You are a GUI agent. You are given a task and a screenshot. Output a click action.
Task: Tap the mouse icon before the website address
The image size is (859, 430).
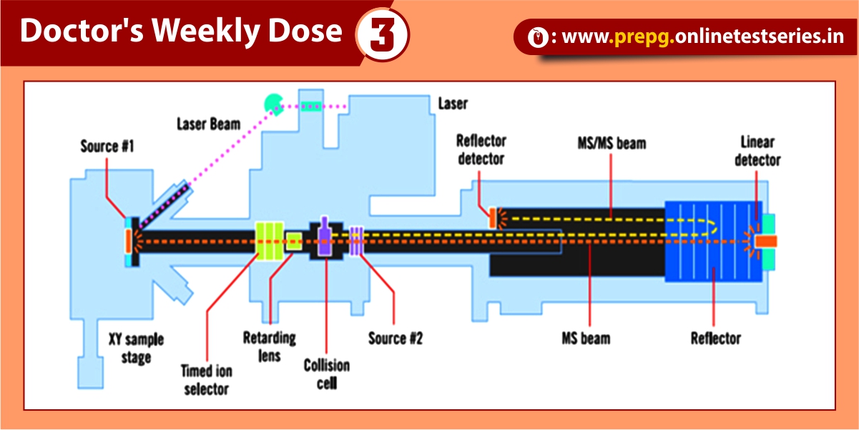(x=536, y=38)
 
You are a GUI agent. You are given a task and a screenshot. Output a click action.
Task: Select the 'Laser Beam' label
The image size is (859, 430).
(x=209, y=124)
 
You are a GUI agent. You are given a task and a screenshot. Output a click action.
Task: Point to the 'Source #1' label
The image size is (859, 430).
(x=107, y=147)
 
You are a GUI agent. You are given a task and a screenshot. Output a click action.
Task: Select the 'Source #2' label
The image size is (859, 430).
(x=395, y=338)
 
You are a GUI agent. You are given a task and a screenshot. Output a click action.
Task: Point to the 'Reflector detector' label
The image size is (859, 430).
(x=481, y=149)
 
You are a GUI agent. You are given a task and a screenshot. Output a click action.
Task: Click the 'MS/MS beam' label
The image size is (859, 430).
(x=611, y=144)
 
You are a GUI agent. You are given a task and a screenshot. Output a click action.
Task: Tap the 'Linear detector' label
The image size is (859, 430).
(x=757, y=151)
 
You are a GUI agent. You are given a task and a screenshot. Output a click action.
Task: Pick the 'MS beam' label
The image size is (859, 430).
(x=586, y=337)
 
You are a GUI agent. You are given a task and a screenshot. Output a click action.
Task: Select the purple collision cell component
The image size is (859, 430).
(x=325, y=237)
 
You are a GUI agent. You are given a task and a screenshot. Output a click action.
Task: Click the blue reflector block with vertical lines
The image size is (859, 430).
(x=708, y=241)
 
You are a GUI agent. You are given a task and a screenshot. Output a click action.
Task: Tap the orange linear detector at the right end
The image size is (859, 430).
(x=765, y=242)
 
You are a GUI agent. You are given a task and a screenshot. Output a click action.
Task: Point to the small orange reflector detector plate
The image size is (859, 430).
(x=492, y=218)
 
